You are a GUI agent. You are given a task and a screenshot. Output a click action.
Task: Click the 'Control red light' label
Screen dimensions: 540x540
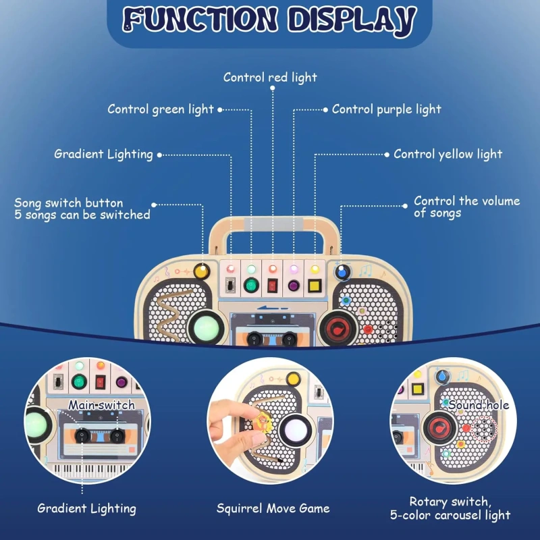click(270, 78)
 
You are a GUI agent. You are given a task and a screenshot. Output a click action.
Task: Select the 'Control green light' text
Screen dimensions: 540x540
click(161, 109)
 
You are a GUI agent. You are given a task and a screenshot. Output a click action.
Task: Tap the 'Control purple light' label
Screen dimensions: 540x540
click(386, 109)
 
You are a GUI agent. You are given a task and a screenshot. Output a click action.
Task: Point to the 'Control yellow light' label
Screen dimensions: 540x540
click(448, 154)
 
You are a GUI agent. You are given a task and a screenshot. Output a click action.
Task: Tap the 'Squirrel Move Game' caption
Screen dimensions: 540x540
click(270, 508)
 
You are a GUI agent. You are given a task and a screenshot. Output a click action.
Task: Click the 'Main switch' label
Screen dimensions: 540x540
click(101, 405)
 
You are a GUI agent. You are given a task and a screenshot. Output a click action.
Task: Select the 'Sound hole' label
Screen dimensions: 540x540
click(479, 405)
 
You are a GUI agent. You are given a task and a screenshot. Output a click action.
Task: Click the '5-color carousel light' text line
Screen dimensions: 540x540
click(450, 516)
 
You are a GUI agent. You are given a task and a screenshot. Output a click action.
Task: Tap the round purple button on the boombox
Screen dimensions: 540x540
click(294, 286)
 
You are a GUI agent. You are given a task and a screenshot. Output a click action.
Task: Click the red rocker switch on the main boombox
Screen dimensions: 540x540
click(272, 286)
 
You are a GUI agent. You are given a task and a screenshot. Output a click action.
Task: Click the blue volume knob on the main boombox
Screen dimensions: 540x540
click(342, 272)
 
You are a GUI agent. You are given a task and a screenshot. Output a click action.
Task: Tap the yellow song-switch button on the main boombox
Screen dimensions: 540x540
click(201, 272)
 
